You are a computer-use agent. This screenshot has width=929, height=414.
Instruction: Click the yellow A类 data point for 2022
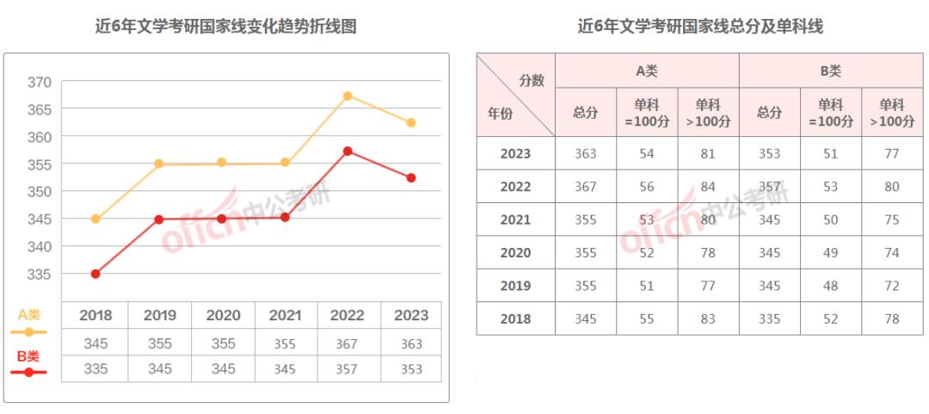pos(348,96)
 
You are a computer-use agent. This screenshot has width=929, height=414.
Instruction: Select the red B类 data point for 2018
pos(95,274)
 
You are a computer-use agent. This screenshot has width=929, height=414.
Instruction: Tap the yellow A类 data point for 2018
pos(95,219)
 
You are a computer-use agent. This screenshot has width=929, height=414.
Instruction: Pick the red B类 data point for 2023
pos(411,178)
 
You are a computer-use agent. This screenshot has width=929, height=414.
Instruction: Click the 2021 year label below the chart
pos(286,315)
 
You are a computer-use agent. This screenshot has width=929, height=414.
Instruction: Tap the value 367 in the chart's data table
pos(348,343)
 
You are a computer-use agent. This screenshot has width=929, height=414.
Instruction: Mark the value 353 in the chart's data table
pos(411,369)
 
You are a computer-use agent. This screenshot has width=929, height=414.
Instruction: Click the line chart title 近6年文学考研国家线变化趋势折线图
pos(225,27)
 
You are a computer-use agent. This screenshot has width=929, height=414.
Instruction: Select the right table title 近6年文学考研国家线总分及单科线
pos(700,27)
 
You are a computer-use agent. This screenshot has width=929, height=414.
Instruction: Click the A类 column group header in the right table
pos(647,71)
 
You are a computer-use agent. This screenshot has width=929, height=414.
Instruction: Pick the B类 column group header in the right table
pos(831,71)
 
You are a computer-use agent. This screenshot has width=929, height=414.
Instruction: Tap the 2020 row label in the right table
pos(515,253)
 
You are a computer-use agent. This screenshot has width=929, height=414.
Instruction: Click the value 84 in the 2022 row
pos(708,187)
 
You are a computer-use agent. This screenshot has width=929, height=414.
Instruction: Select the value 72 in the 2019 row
pos(892,286)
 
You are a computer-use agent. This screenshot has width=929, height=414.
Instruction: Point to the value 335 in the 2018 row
pos(769,319)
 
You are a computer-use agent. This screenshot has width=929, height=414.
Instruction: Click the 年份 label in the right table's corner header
pos(501,113)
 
